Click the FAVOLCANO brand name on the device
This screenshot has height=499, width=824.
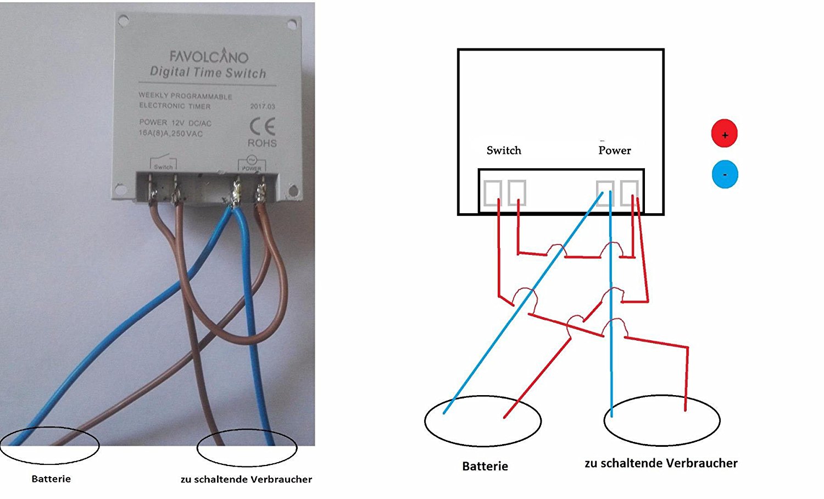(209, 56)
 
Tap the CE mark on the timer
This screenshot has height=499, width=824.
(262, 127)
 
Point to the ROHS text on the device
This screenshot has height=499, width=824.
(262, 143)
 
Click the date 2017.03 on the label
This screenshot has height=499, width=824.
(263, 106)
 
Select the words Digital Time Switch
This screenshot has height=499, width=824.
(208, 73)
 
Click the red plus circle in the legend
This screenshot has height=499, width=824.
(725, 134)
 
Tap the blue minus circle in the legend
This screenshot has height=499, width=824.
(725, 174)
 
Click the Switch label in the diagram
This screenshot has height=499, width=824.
(504, 150)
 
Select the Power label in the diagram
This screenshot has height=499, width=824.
(615, 150)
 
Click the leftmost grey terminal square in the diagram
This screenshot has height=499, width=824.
(492, 193)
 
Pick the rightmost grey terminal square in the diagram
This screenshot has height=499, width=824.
(629, 193)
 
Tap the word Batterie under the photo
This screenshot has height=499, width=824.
(51, 479)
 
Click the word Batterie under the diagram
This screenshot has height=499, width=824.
(485, 466)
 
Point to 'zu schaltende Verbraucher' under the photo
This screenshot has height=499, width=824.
(246, 479)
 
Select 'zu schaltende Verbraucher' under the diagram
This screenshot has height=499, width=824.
(661, 463)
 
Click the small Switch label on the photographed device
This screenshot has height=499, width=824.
(163, 167)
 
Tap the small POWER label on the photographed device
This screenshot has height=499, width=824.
(252, 168)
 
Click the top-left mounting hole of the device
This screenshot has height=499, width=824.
(123, 21)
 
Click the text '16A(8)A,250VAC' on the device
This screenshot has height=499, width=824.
(171, 134)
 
